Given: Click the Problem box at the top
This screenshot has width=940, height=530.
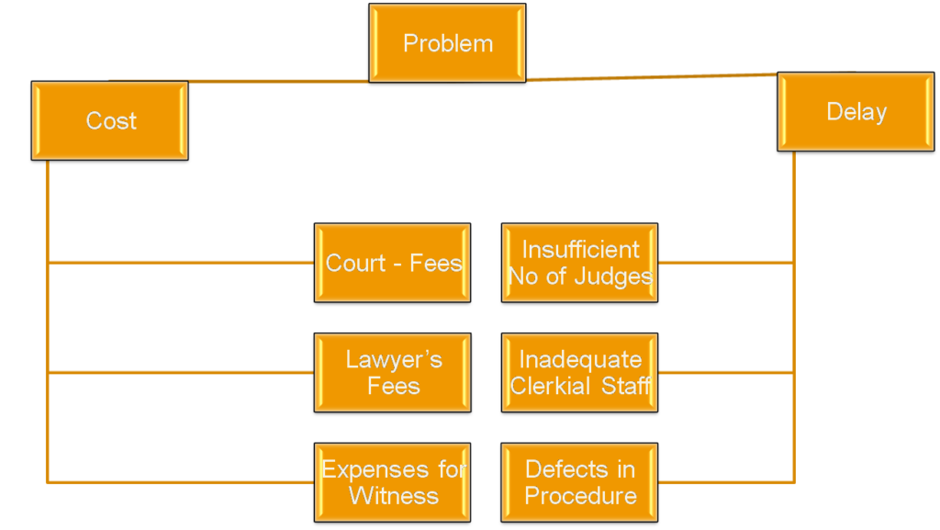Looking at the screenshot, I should pos(447,43).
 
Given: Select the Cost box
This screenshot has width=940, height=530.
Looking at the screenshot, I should pos(110,120).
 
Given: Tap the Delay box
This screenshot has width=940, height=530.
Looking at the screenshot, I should pos(856,112).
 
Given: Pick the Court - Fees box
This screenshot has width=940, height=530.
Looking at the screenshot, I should pos(392,263).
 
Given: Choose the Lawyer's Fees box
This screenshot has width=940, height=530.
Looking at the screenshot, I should pos(392,372).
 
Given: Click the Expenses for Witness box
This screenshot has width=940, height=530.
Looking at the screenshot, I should pos(392,482).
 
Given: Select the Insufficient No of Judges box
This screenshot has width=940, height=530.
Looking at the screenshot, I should pos(579,263).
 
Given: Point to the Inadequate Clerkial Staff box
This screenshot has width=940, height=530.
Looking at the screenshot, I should pos(579,372).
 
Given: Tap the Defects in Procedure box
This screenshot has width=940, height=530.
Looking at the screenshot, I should pos(579,482).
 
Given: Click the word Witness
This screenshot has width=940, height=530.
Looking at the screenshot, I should pos(394,496).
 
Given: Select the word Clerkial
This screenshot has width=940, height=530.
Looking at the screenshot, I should pos(551,386).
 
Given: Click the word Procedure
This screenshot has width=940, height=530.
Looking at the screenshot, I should pos(580,496).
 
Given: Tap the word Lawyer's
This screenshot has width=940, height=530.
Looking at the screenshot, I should pos(394,359).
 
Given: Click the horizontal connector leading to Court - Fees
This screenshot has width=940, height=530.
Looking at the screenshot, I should pos(184,263).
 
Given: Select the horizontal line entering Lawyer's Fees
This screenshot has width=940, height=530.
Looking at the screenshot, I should pos(184,372).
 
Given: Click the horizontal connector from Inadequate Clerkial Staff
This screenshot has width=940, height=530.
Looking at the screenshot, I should pos(725,372).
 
